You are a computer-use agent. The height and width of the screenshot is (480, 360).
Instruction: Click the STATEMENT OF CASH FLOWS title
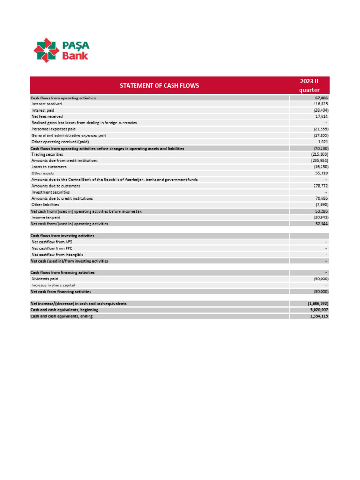click(x=159, y=86)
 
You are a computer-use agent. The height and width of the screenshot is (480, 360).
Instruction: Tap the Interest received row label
click(x=46, y=104)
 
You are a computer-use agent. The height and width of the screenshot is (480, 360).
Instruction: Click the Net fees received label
click(x=47, y=116)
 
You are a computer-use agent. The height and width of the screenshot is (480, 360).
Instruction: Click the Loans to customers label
click(x=49, y=167)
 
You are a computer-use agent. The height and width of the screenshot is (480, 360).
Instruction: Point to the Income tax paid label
click(x=45, y=217)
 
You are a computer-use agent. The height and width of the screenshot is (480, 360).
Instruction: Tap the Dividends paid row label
click(x=45, y=279)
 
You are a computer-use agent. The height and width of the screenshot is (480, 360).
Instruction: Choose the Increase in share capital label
click(x=53, y=285)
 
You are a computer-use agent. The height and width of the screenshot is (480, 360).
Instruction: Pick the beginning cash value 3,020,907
click(x=317, y=310)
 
